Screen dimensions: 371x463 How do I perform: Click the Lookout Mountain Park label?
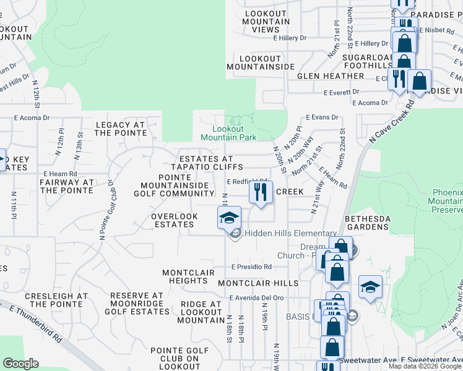(x=230, y=132)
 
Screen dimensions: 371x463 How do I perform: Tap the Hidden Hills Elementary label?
(x=290, y=233)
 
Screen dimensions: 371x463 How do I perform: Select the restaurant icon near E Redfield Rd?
(x=261, y=192)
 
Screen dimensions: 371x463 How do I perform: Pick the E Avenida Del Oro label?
(x=256, y=297)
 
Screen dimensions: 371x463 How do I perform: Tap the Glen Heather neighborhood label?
(x=331, y=76)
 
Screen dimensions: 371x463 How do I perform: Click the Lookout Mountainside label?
(x=260, y=62)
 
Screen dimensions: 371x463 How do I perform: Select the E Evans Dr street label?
(x=323, y=117)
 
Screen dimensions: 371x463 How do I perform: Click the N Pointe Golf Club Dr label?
(x=106, y=210)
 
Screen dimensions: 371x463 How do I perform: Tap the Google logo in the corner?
(x=20, y=364)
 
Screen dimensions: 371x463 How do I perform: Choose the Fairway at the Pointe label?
(x=66, y=186)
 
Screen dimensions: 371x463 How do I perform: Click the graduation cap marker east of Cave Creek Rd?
(x=370, y=288)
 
